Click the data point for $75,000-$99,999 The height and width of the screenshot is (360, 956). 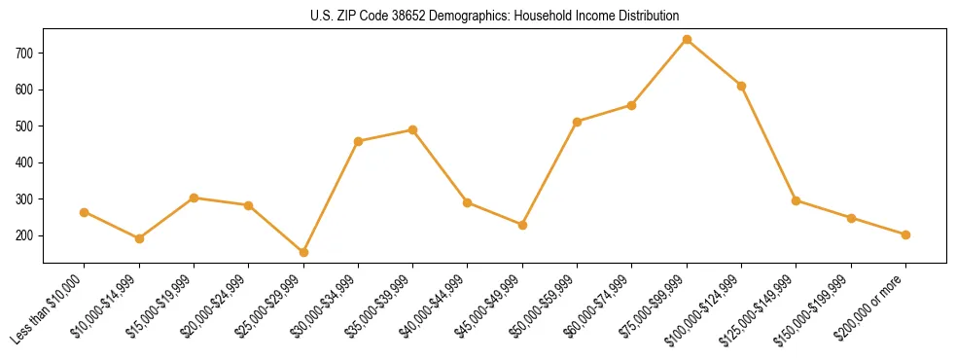(687, 40)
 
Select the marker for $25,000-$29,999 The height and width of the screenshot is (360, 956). (303, 252)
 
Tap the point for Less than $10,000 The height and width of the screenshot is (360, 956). (85, 212)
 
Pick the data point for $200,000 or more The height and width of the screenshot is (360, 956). (905, 234)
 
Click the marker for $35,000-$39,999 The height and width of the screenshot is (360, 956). (413, 129)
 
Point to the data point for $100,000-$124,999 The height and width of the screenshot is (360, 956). (741, 86)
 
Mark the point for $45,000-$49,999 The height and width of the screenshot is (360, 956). (522, 225)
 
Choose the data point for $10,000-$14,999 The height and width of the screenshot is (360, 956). (139, 238)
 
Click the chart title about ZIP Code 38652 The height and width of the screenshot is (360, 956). (495, 16)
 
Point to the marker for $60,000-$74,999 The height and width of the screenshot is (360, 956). (632, 105)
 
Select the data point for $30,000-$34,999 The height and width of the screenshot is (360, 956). (358, 141)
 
